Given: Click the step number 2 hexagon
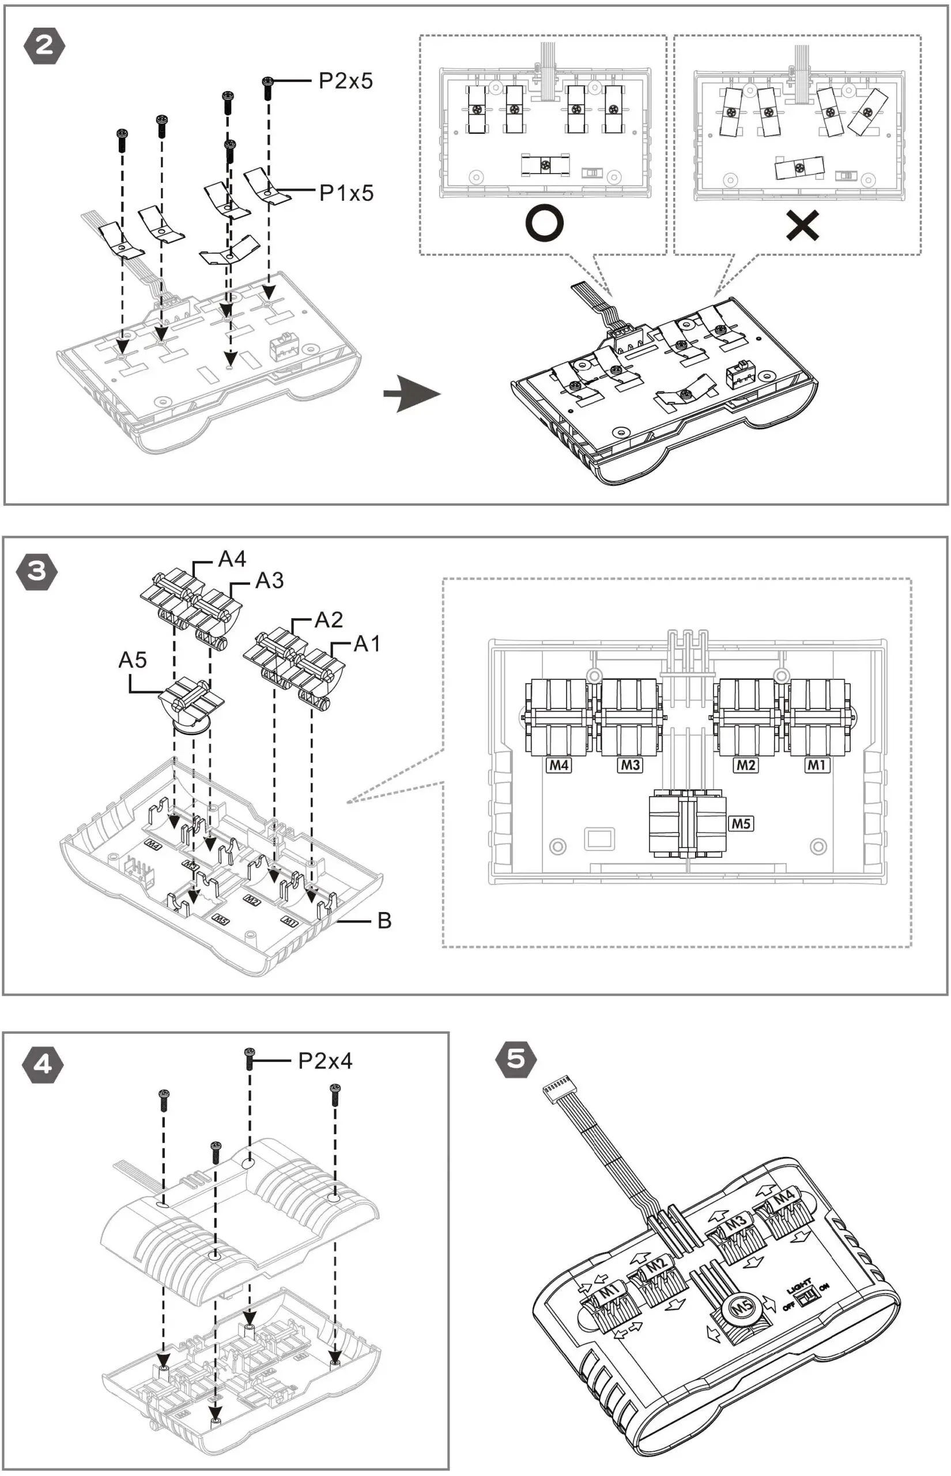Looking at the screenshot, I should pyautogui.click(x=44, y=46).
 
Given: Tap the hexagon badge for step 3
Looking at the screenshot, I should pyautogui.click(x=37, y=571).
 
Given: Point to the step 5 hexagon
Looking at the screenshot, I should pyautogui.click(x=516, y=1059).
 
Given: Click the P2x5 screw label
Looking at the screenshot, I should pyautogui.click(x=345, y=81).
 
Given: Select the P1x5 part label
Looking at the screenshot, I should pyautogui.click(x=346, y=193).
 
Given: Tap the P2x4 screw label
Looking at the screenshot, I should pyautogui.click(x=325, y=1061).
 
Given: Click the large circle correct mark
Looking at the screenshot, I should pyautogui.click(x=544, y=224).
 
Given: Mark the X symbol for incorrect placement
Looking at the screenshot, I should pyautogui.click(x=803, y=225).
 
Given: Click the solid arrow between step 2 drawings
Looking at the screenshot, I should pyautogui.click(x=412, y=393).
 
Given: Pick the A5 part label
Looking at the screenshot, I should pyautogui.click(x=132, y=660).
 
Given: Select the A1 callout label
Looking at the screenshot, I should pyautogui.click(x=367, y=643).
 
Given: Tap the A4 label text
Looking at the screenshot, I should pyautogui.click(x=232, y=559).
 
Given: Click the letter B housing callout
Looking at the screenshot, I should pyautogui.click(x=384, y=921).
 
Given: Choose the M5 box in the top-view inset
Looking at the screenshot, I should pyautogui.click(x=741, y=823).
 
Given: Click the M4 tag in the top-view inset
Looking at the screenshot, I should pyautogui.click(x=559, y=765).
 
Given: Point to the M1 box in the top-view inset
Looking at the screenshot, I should pyautogui.click(x=816, y=765).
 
